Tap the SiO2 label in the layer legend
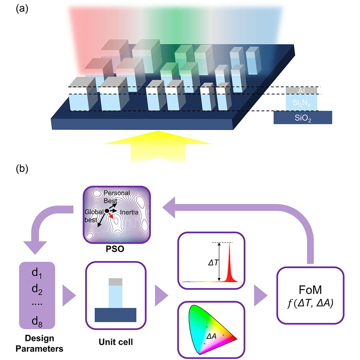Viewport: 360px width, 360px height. click(x=302, y=117)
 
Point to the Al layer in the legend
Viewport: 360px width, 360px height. click(x=302, y=90)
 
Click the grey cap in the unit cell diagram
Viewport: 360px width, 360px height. click(x=116, y=282)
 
